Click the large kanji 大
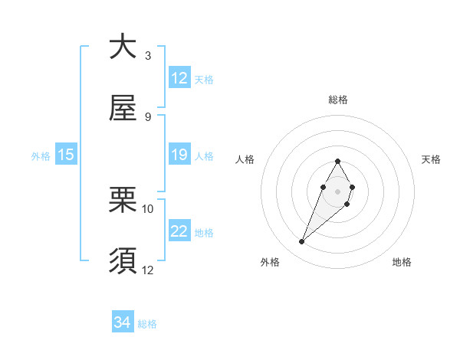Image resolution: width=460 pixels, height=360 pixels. click(123, 47)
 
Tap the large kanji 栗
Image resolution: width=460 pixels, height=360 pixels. click(123, 200)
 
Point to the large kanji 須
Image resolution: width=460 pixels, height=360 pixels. click(123, 260)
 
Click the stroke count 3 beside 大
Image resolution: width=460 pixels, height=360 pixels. click(147, 56)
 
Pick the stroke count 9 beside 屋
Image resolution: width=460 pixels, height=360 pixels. click(147, 116)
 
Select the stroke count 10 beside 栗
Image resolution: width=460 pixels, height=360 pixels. click(148, 208)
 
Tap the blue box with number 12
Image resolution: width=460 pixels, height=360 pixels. click(179, 78)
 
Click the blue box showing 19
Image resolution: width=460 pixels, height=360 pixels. click(179, 155)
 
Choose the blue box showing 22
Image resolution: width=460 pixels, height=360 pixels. click(179, 231)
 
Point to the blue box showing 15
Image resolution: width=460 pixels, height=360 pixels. click(66, 155)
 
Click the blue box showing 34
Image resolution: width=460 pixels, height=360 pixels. click(123, 322)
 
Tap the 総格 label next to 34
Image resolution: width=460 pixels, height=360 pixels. click(147, 324)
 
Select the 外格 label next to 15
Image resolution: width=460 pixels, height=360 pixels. click(41, 155)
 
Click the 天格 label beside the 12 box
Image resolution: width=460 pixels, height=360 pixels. click(204, 79)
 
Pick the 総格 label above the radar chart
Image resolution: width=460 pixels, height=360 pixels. click(338, 100)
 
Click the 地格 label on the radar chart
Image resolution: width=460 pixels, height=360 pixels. click(402, 262)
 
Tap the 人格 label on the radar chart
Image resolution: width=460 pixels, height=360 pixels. click(245, 159)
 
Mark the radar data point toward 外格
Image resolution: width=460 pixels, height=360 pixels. click(302, 242)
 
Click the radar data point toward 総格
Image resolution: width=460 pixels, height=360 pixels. click(337, 162)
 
